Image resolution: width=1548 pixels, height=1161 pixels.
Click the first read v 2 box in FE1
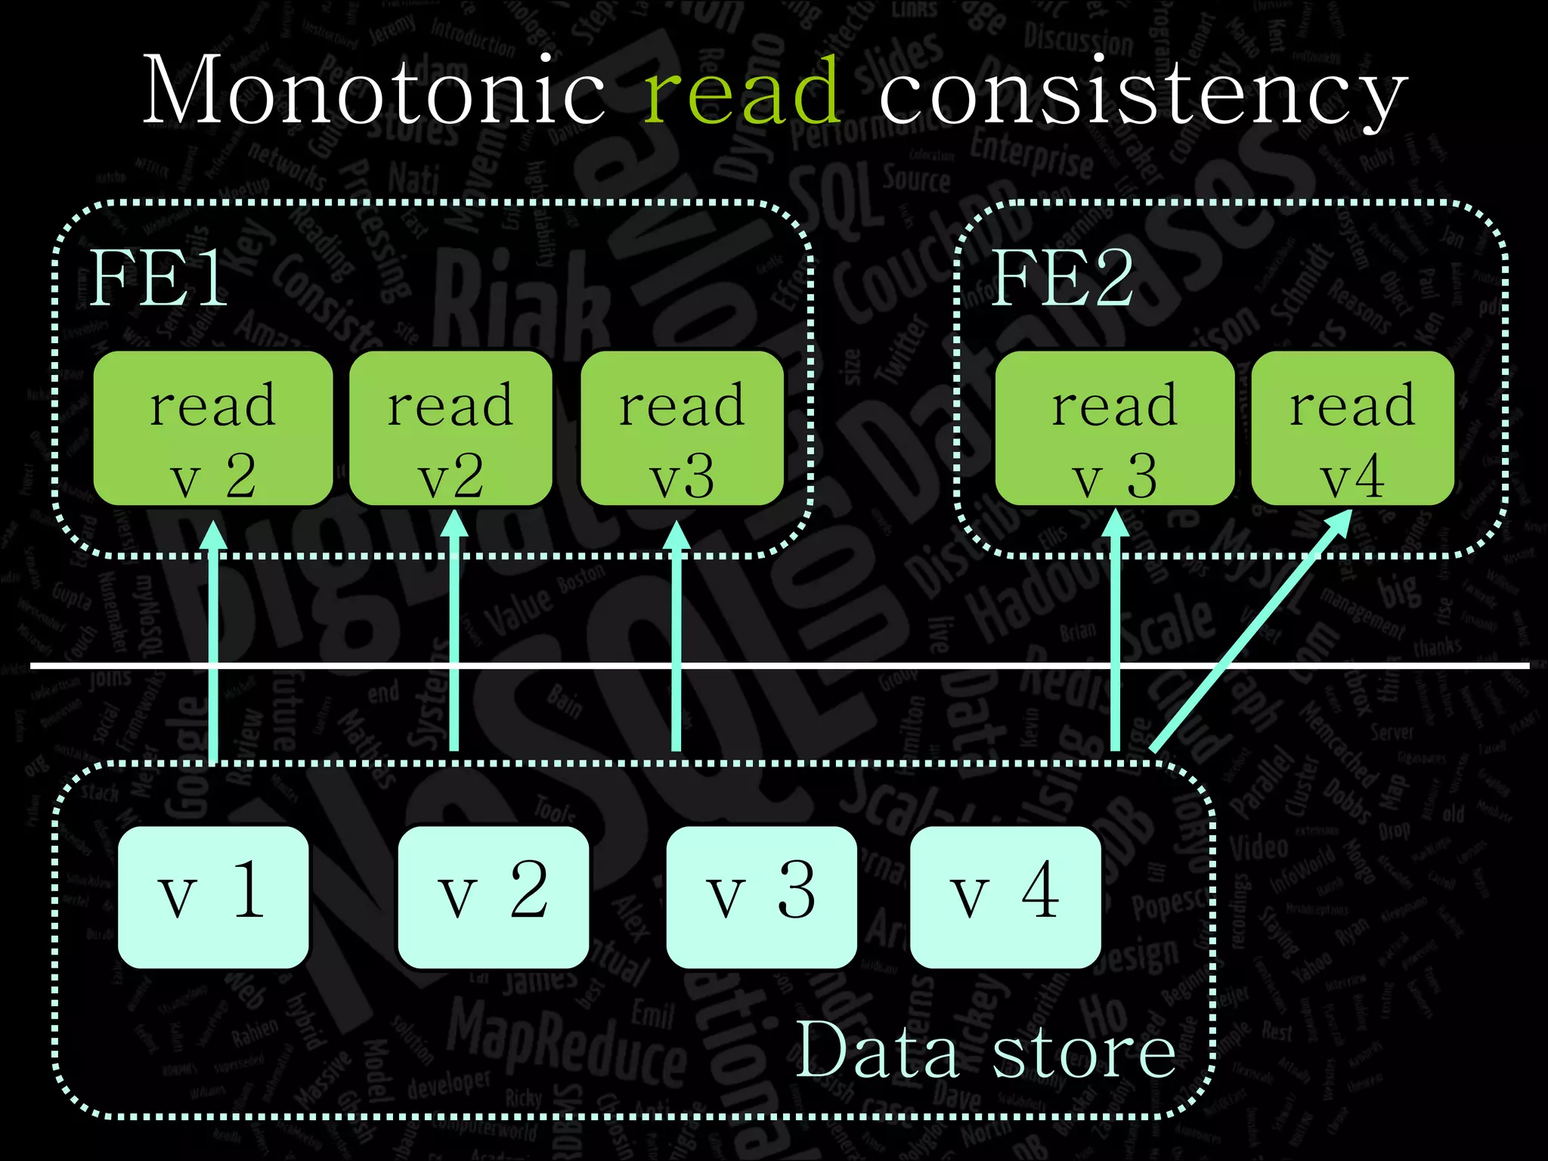[x=213, y=429]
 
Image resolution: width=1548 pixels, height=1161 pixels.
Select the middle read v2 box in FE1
[x=450, y=429]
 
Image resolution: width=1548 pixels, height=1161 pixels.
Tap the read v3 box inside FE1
[x=682, y=429]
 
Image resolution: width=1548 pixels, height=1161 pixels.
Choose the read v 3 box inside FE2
[x=1115, y=429]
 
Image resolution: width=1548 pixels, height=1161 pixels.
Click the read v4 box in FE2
[x=1352, y=429]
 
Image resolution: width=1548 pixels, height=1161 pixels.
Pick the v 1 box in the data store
[x=213, y=896]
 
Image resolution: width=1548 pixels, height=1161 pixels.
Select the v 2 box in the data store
[x=493, y=896]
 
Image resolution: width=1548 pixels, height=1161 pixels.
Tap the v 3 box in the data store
[x=761, y=896]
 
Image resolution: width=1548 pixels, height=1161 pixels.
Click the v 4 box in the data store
[x=1005, y=896]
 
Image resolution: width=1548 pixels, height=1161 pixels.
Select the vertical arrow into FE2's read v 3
[x=1116, y=642]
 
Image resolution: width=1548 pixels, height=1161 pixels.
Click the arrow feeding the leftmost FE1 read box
[x=213, y=642]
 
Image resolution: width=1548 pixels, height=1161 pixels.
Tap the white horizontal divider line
[x=831, y=665]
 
